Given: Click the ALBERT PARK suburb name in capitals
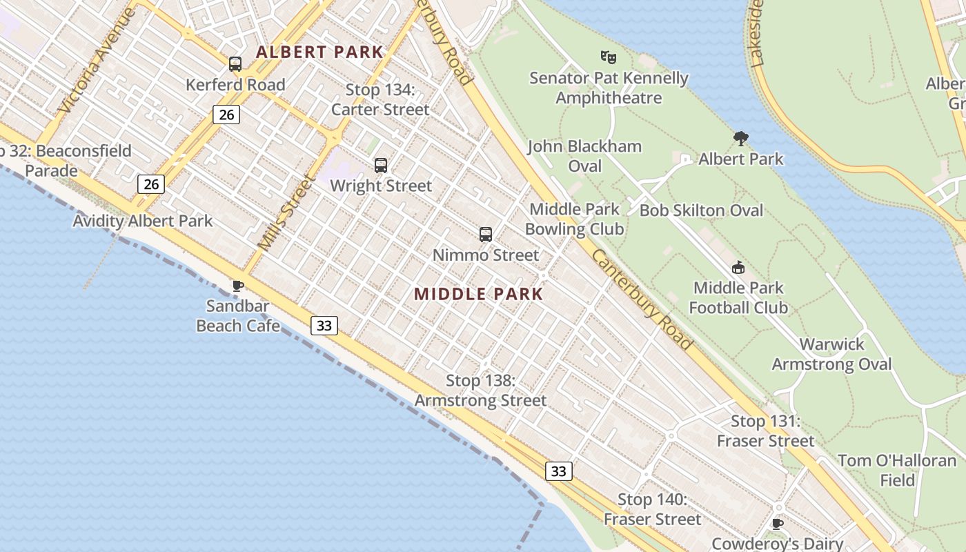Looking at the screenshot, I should point(319,52).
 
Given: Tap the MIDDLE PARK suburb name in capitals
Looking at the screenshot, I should point(479,294).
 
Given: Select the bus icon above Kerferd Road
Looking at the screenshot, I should point(235,64).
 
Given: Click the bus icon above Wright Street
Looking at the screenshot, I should point(380,166).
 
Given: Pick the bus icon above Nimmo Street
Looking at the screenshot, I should point(486,235).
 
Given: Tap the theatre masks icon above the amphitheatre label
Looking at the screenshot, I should point(608,57).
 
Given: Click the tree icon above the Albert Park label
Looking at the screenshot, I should point(741,139).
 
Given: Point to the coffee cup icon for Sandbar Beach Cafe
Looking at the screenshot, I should point(238,286).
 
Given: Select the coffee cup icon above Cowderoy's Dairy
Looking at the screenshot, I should point(778,524).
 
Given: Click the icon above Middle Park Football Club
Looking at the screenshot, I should point(738,268).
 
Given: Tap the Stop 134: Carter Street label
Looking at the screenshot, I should point(380,99).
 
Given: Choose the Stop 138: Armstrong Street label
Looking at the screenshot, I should point(480,391).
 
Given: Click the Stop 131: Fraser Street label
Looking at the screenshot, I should point(765,431).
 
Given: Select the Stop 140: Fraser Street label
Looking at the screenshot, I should point(652,509).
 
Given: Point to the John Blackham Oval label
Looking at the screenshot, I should point(584,156).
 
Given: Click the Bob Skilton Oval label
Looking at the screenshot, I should point(701,210).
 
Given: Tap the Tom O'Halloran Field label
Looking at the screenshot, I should point(897,470).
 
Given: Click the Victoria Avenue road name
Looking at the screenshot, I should point(97,61).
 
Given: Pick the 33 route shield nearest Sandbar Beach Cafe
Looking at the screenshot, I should point(324,325).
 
